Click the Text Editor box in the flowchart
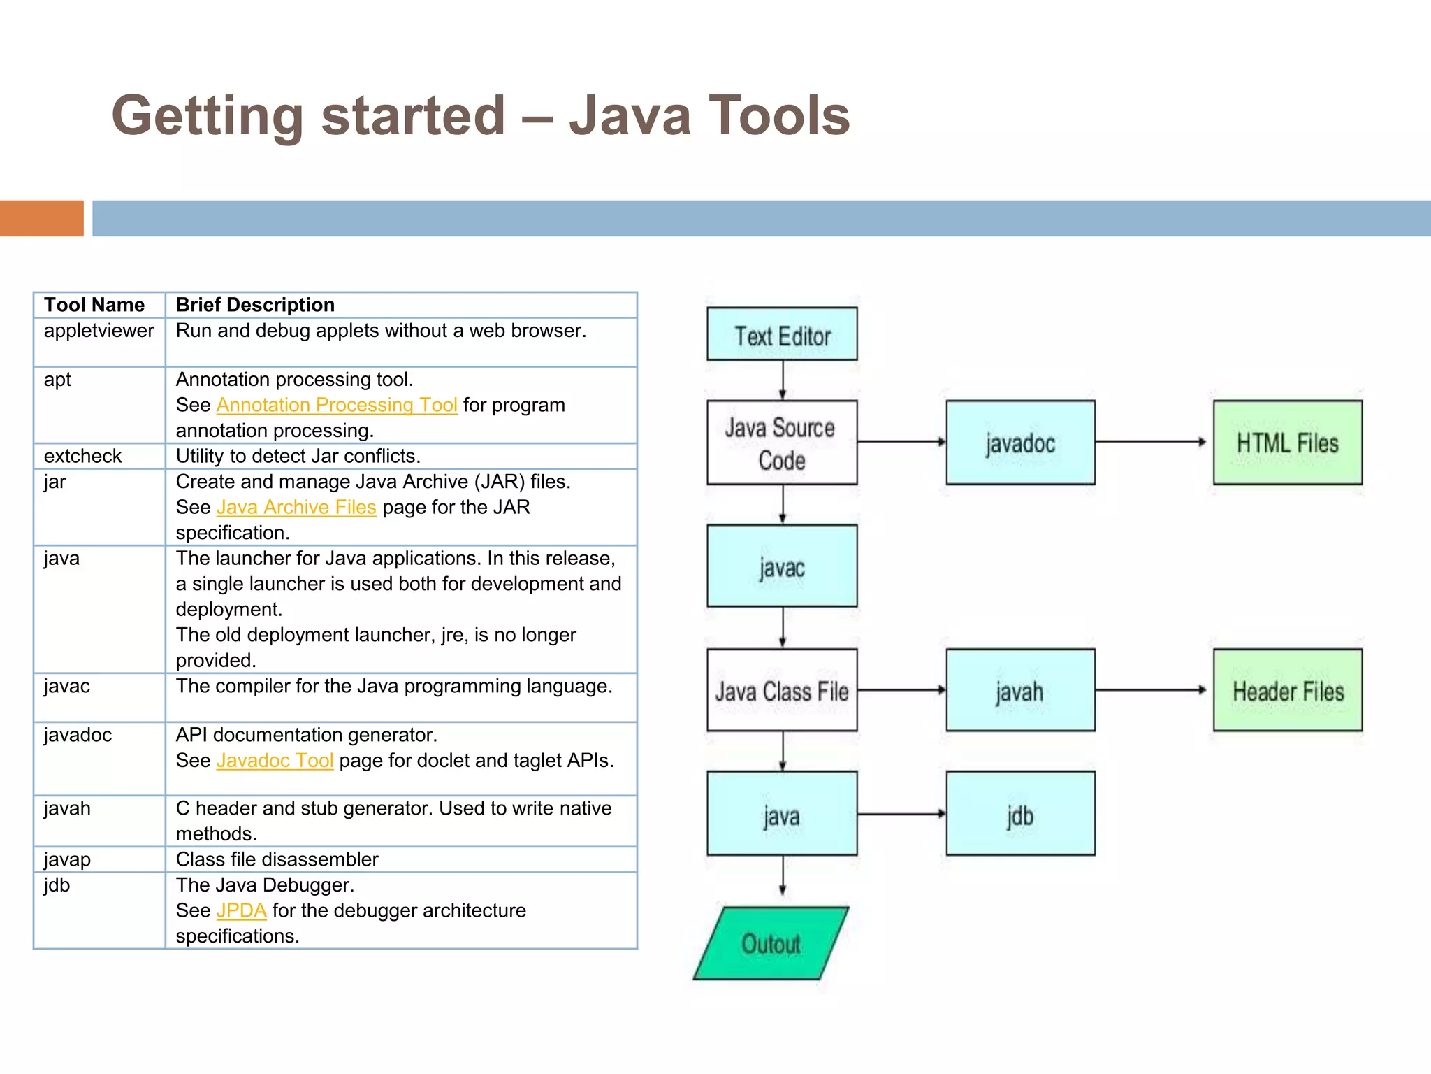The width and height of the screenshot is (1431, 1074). click(782, 334)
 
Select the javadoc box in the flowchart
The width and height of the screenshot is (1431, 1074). click(1020, 443)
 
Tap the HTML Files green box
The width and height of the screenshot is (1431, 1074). click(1287, 443)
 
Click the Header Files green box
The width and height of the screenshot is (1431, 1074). click(1287, 691)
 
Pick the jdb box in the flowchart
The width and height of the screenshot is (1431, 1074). click(1020, 814)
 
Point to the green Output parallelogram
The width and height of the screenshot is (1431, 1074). click(771, 943)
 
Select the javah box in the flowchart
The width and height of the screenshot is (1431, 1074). click(1020, 691)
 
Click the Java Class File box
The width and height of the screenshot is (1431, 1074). click(782, 691)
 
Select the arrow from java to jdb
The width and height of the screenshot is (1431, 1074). click(901, 814)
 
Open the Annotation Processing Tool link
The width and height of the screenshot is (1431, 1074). click(337, 405)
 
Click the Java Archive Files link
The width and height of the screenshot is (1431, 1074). click(296, 507)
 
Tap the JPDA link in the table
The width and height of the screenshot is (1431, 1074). click(241, 910)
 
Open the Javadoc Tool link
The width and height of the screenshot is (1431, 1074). click(275, 760)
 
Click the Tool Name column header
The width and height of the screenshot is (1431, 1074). click(94, 305)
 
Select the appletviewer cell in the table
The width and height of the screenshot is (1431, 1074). click(99, 331)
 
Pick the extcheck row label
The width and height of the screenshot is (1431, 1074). click(82, 456)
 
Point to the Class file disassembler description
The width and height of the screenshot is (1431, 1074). click(277, 859)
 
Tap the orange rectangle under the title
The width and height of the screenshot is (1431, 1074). click(41, 218)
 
